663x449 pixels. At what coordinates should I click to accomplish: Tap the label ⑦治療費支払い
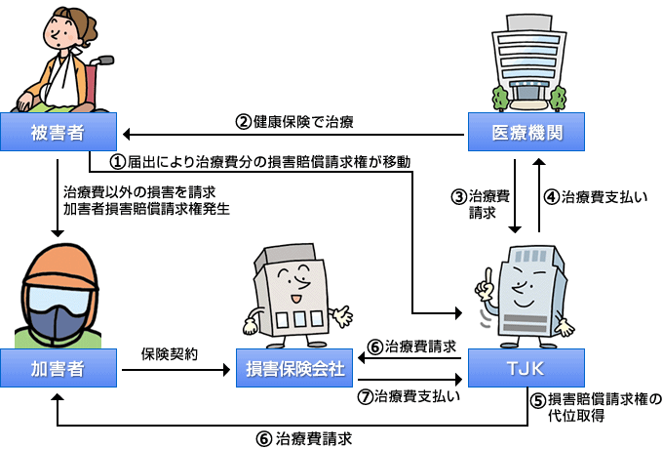tap(410, 396)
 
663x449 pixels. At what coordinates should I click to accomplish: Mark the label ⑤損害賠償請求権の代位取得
tap(597, 407)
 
